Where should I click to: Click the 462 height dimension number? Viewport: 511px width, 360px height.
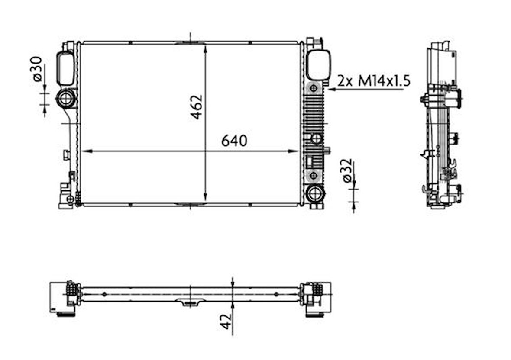[196, 106]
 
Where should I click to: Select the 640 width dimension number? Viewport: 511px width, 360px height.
[234, 141]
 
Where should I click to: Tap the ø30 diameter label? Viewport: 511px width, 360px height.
[37, 68]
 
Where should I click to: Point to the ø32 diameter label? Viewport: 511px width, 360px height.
[346, 172]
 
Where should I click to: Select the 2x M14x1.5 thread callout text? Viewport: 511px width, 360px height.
[374, 80]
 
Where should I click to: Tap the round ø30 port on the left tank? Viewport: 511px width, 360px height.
[65, 98]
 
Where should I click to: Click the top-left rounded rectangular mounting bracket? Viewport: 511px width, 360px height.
[65, 68]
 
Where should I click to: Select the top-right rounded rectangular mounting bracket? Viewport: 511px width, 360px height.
[318, 65]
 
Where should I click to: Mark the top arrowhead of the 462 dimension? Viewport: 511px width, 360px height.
[205, 48]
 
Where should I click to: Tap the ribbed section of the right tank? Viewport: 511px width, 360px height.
[314, 112]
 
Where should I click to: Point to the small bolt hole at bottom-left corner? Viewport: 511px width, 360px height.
[70, 199]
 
